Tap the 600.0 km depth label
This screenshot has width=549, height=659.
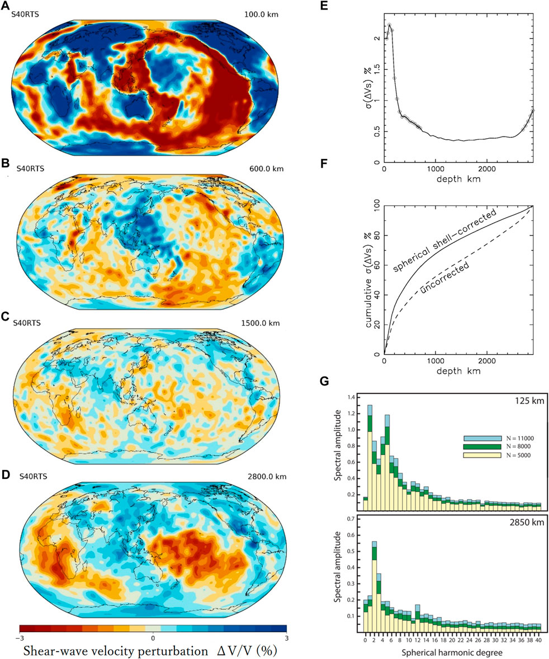[266, 169]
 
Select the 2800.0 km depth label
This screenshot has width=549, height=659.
[267, 477]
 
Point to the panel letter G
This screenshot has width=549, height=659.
[325, 381]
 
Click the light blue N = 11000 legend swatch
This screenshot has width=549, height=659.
[482, 439]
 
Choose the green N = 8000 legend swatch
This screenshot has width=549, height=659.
[482, 446]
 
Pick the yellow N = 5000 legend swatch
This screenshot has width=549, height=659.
[482, 455]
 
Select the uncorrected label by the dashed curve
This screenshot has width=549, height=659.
[444, 277]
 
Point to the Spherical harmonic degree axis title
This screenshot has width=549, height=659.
[452, 652]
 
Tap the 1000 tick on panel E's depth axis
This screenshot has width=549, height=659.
[436, 169]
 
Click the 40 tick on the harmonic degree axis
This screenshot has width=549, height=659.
[537, 641]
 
